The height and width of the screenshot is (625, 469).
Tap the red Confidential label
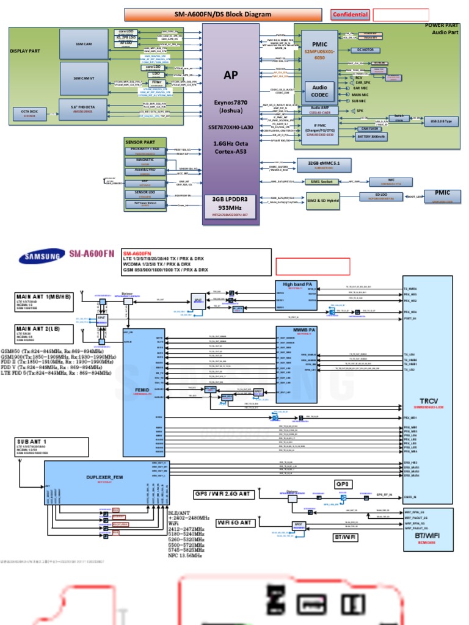(350, 15)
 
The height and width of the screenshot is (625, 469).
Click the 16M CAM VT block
(84, 78)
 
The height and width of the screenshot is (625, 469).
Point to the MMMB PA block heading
(297, 330)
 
